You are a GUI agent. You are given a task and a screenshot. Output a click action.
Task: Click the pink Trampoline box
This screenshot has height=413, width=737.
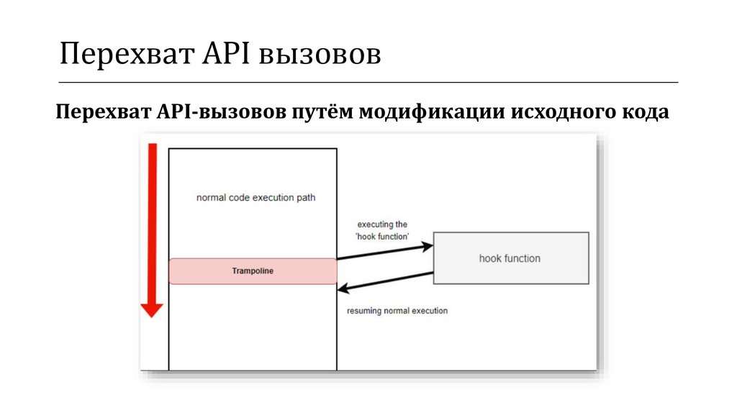click(x=253, y=271)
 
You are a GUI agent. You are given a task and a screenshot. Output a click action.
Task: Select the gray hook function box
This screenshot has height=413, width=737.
click(x=510, y=258)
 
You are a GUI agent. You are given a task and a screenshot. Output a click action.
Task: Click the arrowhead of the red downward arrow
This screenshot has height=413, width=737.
click(x=152, y=309)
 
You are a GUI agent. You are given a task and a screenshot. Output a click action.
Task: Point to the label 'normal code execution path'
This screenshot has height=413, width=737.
click(x=256, y=197)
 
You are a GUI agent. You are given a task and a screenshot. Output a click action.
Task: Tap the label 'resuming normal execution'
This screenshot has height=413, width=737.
click(x=397, y=311)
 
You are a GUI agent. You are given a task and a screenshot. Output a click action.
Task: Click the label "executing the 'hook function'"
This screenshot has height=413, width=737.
click(x=382, y=230)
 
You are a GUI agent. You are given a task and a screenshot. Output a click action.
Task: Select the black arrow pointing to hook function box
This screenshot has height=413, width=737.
click(x=385, y=251)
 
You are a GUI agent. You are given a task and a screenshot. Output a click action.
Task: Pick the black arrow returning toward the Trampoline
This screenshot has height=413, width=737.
click(x=385, y=281)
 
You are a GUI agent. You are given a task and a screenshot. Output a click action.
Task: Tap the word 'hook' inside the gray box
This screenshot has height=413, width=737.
click(x=489, y=258)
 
